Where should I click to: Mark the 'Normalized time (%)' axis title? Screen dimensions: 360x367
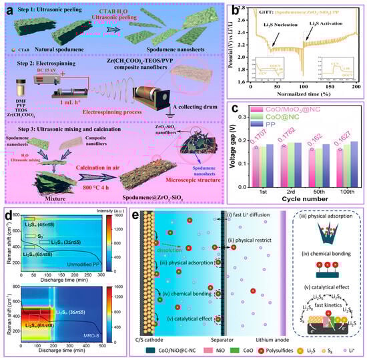pyautogui.click(x=301, y=95)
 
